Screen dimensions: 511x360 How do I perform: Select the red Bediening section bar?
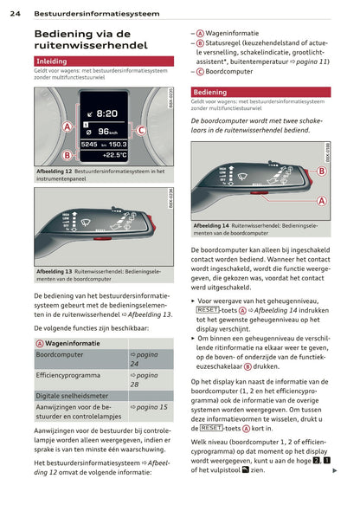pos(260,91)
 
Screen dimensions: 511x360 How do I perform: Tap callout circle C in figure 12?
pos(141,130)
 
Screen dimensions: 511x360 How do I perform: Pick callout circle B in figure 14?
pos(321,171)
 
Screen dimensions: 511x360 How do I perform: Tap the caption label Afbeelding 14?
pos(212,226)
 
